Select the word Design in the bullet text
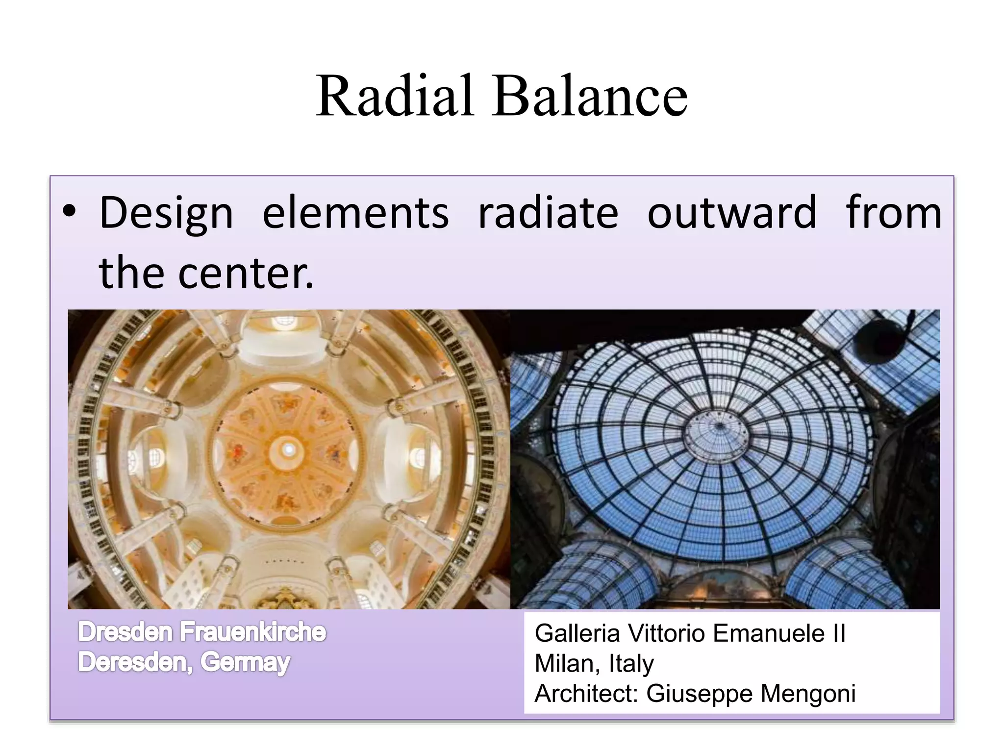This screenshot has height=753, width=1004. [x=166, y=214]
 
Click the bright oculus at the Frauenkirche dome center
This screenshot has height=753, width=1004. [x=288, y=449]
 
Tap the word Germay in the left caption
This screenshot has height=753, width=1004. [x=245, y=663]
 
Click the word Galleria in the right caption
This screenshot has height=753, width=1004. [x=577, y=633]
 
